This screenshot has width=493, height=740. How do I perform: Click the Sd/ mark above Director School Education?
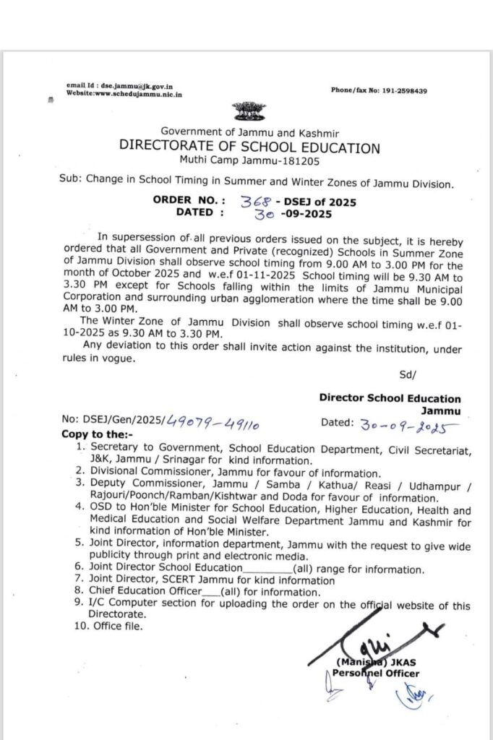407,374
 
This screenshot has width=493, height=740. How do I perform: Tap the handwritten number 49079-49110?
202,421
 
